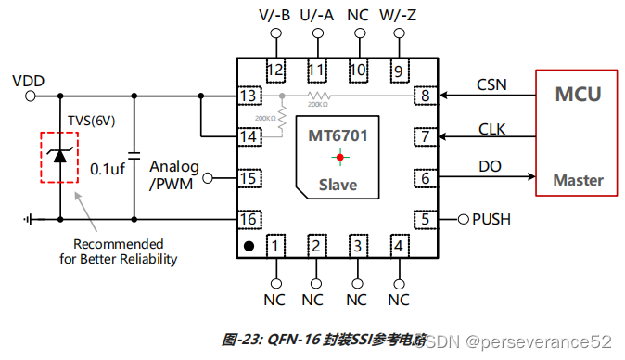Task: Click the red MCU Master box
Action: point(576,132)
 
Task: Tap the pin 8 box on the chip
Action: point(425,96)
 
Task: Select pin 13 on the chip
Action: point(248,96)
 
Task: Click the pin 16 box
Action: point(248,219)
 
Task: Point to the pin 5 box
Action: point(425,219)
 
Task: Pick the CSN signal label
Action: point(491,84)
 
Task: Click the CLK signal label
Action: point(491,129)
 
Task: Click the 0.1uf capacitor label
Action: point(108,169)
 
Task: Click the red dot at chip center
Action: point(339,157)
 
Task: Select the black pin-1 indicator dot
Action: point(249,246)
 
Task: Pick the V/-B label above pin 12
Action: point(274,16)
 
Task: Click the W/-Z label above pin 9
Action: point(399,16)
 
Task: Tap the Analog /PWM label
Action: point(174,174)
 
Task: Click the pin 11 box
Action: point(316,70)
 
